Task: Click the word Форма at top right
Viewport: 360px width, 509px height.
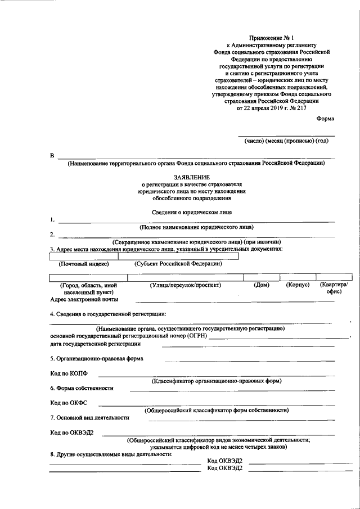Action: (x=325, y=119)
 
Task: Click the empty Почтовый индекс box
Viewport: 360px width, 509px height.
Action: (x=83, y=256)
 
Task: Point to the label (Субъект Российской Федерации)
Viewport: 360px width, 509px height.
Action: (x=178, y=264)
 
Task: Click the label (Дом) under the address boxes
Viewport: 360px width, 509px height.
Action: (x=262, y=285)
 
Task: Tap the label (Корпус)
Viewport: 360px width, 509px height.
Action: (x=298, y=285)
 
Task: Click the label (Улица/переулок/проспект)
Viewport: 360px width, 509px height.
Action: (x=185, y=285)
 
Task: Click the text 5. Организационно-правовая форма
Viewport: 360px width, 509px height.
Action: (x=96, y=358)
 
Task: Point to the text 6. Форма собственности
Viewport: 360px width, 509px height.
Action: (x=82, y=388)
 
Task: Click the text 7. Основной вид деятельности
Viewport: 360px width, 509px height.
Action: (x=89, y=417)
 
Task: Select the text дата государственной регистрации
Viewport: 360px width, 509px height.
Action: (x=96, y=343)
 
